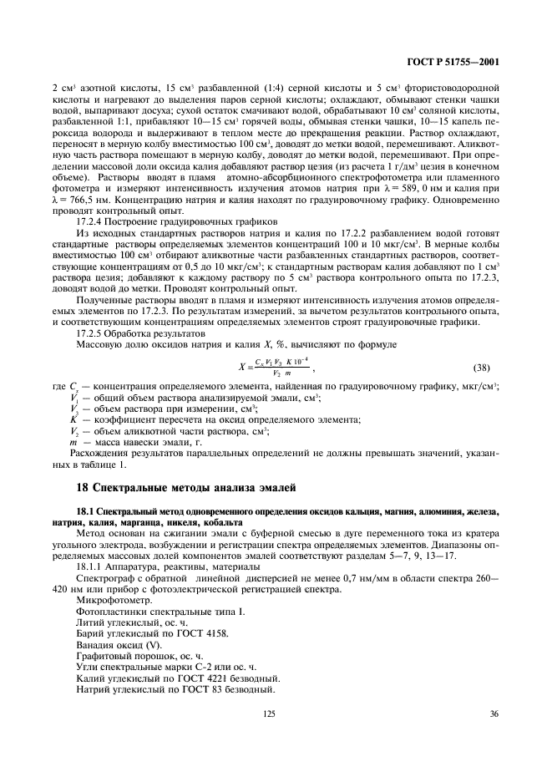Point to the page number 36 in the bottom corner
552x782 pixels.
tap(494, 713)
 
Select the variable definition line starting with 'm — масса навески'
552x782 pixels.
tap(134, 440)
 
